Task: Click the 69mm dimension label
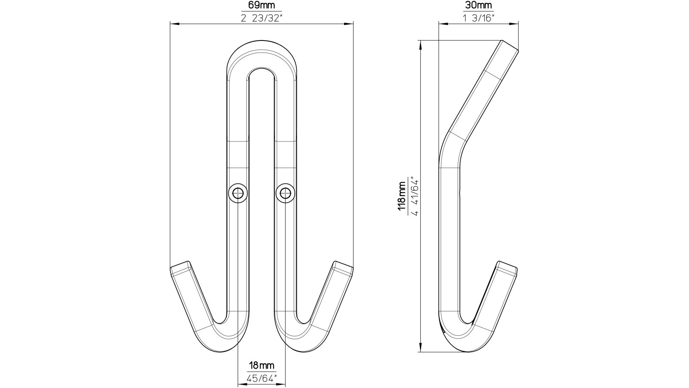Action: click(261, 6)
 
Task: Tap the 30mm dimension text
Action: click(478, 6)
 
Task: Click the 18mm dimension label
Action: click(261, 366)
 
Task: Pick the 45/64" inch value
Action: click(261, 378)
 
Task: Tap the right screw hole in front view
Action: click(285, 193)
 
